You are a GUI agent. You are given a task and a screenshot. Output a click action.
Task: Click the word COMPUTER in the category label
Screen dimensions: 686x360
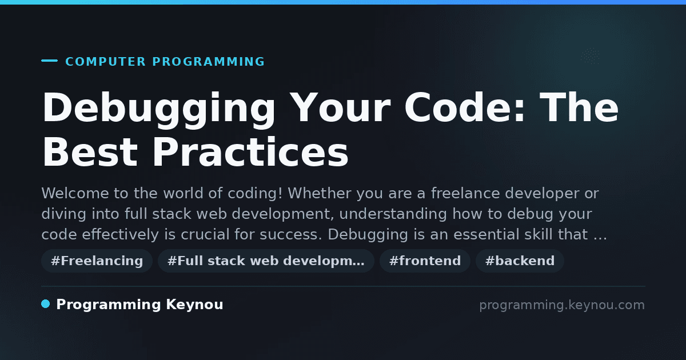[105, 62]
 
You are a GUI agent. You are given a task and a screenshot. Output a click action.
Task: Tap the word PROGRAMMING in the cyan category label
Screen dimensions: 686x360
[208, 62]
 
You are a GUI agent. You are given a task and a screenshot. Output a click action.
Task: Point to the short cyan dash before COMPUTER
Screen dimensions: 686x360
[49, 61]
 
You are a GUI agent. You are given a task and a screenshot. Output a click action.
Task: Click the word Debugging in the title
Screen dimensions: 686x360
[159, 110]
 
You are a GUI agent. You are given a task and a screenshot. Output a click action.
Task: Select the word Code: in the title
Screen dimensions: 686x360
[465, 107]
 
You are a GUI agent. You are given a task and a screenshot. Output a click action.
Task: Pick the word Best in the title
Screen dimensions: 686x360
[90, 152]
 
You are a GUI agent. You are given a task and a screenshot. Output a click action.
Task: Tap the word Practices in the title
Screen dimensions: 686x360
[251, 152]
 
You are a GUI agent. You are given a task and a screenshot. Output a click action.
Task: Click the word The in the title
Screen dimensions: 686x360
[579, 107]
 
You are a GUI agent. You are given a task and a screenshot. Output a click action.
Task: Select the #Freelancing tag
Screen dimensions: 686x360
[97, 261]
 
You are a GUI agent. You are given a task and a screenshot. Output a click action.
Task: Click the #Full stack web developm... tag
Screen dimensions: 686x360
[266, 261]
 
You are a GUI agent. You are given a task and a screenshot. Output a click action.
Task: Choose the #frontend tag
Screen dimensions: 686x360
[425, 261]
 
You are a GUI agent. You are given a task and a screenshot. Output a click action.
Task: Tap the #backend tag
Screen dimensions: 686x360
[520, 261]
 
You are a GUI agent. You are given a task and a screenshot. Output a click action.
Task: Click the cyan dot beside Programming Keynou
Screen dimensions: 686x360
[46, 304]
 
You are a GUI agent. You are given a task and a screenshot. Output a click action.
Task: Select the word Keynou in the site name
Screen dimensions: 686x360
[194, 305]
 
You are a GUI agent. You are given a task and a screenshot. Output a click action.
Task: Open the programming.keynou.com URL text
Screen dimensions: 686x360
[562, 305]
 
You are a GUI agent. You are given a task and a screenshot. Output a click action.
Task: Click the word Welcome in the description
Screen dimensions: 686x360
[75, 194]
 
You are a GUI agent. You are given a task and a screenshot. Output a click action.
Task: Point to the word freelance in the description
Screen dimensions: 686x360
[465, 194]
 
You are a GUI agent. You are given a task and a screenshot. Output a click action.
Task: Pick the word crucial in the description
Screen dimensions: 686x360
[205, 234]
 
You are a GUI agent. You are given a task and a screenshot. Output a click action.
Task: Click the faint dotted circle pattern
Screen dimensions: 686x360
[590, 56]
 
